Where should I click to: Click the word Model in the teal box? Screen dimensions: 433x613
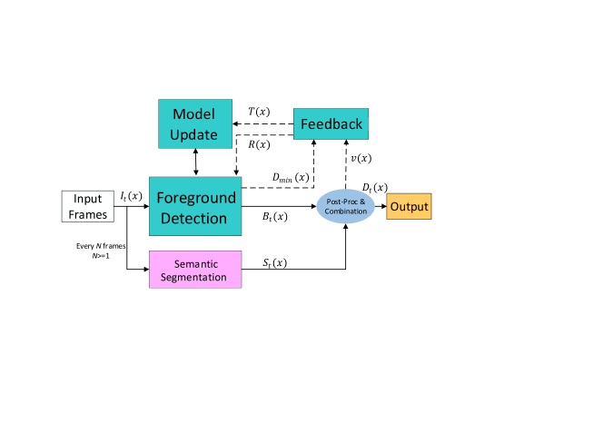tap(194, 114)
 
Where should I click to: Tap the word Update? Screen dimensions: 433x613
tap(194, 135)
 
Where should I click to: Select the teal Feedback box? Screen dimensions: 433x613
tap(331, 123)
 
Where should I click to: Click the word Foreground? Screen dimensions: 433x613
tap(195, 197)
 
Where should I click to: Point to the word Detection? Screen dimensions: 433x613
tap(193, 218)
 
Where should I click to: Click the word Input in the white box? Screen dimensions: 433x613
tap(88, 199)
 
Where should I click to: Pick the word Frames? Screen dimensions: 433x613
tap(88, 215)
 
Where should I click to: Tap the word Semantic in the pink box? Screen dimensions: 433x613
tap(195, 264)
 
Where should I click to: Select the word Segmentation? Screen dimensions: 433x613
tap(193, 277)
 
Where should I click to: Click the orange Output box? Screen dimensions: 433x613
tap(409, 207)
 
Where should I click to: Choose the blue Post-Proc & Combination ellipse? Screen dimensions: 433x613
tap(345, 207)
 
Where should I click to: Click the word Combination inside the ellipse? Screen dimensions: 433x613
tap(345, 212)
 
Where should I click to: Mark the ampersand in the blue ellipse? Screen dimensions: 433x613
tap(362, 202)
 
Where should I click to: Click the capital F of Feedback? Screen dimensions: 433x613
tap(303, 124)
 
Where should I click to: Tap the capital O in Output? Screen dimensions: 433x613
tap(394, 207)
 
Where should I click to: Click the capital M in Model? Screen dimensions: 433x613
tap(179, 114)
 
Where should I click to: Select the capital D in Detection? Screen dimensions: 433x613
tap(165, 218)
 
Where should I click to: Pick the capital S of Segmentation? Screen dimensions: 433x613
tap(163, 277)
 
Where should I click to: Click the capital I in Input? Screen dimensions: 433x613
tap(75, 199)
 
